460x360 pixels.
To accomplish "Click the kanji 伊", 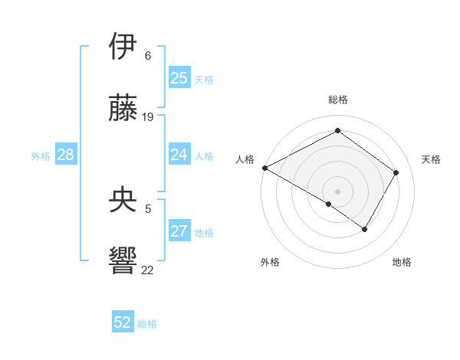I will click(124, 47).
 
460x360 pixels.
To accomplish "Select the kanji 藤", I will click(124, 109).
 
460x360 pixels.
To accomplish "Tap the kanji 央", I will click(124, 201).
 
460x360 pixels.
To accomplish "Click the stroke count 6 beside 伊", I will click(148, 56).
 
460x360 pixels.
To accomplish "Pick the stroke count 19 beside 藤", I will click(148, 117).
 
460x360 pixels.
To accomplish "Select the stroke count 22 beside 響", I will click(148, 270).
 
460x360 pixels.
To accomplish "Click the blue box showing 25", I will click(179, 78).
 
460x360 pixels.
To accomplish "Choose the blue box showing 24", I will click(179, 155).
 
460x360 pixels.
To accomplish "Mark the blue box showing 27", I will click(179, 231).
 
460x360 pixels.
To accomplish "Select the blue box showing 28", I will click(65, 155).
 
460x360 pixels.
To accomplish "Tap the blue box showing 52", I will click(123, 322).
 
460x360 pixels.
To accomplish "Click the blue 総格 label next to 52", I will click(147, 324).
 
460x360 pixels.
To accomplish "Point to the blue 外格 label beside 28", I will click(41, 156).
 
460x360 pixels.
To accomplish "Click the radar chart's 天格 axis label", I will click(431, 159).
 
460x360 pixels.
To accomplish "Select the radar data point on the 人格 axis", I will click(264, 168).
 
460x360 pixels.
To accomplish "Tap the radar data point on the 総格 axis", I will click(337, 131).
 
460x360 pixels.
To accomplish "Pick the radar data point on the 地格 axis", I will click(365, 229).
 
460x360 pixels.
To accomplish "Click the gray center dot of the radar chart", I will click(337, 191).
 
